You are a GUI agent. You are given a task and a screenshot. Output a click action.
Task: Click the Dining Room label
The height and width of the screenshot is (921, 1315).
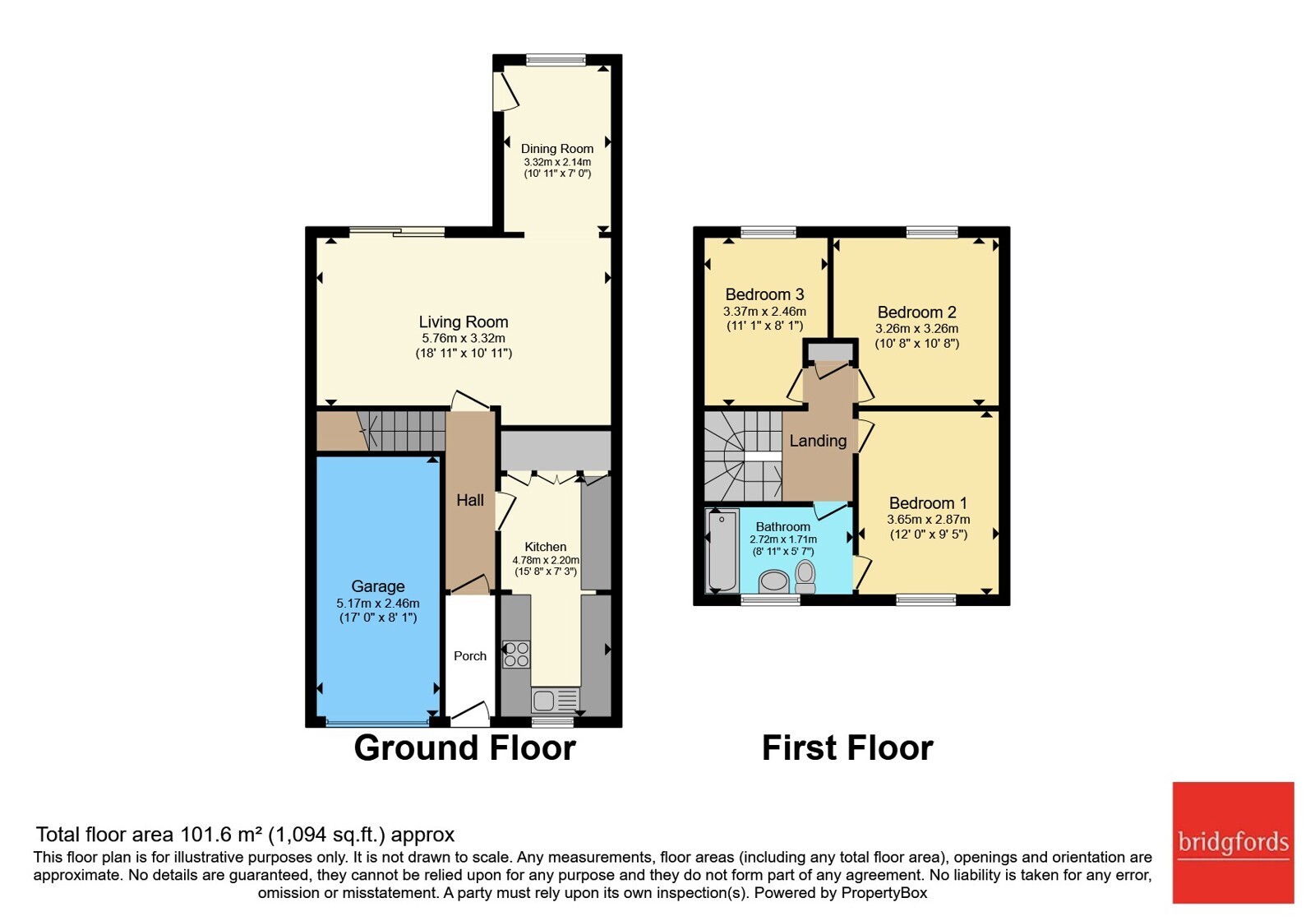pos(557,149)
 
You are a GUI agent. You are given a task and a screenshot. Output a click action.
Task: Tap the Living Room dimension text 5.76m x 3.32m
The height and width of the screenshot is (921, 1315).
pos(464,338)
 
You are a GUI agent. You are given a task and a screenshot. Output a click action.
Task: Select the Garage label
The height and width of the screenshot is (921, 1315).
pos(378,586)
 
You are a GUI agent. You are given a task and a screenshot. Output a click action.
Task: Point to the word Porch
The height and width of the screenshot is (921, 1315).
pos(470,656)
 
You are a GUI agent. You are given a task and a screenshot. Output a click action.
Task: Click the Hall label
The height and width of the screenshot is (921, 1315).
pos(470,501)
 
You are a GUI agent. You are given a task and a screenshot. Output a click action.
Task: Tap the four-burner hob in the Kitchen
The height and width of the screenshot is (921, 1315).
pos(516,655)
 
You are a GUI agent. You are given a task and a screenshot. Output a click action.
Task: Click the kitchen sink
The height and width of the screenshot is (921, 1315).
pos(556,700)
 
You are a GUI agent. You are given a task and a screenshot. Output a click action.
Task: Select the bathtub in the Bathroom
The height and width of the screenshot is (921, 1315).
pos(722,551)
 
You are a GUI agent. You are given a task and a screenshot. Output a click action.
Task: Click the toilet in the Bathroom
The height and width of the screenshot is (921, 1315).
pos(805,576)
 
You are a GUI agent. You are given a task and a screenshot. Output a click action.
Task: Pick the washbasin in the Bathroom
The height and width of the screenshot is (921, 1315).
pos(774,581)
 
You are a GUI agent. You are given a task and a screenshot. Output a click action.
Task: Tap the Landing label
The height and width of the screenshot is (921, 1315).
pos(818,441)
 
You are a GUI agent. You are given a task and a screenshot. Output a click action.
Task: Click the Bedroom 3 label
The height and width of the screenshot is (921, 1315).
pos(765,294)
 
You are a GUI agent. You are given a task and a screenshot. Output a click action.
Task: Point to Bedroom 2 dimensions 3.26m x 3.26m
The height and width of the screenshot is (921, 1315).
pos(917,329)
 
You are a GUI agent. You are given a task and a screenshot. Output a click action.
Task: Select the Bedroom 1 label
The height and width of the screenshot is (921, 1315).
pos(928,503)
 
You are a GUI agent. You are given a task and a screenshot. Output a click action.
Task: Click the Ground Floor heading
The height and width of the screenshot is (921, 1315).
pos(465,748)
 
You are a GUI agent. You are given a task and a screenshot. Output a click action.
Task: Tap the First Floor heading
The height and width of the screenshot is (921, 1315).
pos(847,748)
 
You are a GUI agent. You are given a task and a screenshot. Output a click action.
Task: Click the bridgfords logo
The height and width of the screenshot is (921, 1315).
pos(1234,842)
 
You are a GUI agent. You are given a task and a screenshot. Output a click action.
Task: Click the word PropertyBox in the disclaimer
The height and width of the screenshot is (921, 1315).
pos(884,893)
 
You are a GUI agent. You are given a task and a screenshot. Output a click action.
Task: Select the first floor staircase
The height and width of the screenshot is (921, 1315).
pos(743,456)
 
